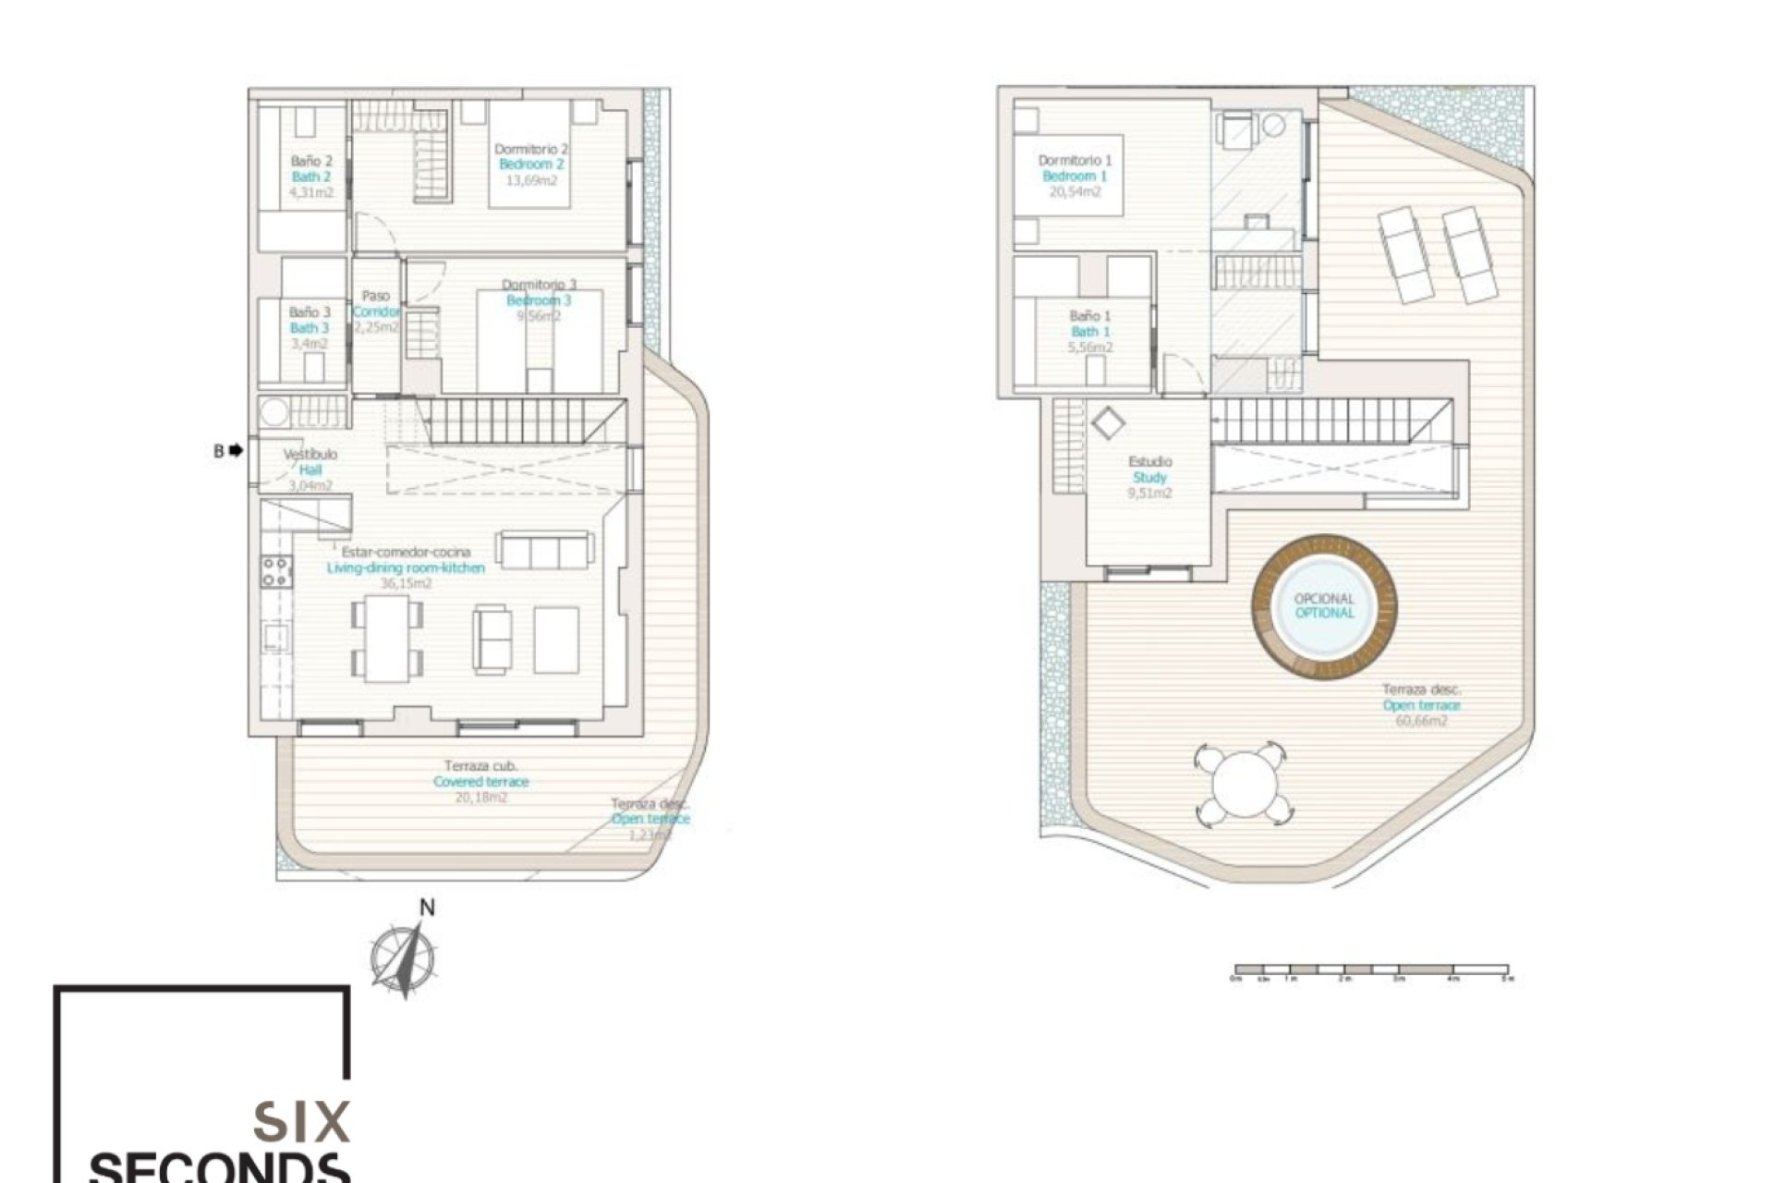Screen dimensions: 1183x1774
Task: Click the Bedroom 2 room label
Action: pos(530,165)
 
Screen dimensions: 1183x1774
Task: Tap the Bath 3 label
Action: pos(310,328)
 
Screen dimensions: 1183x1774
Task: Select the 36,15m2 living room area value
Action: pos(406,584)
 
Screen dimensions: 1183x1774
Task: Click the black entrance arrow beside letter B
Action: pos(236,451)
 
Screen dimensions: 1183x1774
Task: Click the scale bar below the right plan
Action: pos(1371,971)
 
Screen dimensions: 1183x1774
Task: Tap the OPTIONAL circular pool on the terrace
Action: pos(1324,607)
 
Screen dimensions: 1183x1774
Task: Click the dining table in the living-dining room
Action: pos(387,639)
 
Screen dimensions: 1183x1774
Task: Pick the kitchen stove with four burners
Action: pos(275,571)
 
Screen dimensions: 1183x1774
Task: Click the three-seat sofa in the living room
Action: pos(544,550)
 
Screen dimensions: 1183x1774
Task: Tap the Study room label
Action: pos(1149,478)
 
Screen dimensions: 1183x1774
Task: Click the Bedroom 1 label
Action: pos(1075,177)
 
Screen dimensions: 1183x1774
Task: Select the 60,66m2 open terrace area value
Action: pos(1421,721)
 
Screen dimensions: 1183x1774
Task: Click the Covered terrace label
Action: pos(481,782)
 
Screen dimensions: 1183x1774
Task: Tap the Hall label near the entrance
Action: pos(310,470)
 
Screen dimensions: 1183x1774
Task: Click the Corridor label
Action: pos(376,312)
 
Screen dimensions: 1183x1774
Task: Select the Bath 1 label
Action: pos(1090,332)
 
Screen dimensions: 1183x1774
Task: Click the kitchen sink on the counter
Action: pos(275,635)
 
